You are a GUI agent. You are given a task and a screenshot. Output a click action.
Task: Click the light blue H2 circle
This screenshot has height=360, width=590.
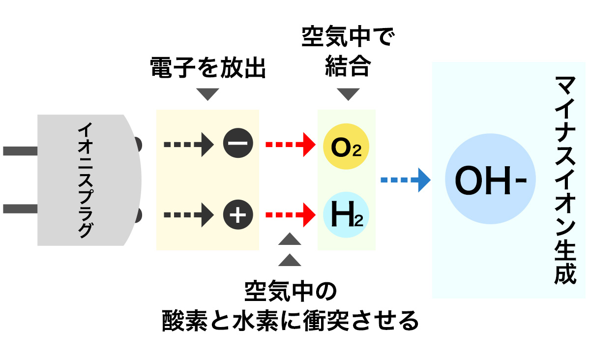346,215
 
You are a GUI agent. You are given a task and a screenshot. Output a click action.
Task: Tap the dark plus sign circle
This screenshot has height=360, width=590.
238,215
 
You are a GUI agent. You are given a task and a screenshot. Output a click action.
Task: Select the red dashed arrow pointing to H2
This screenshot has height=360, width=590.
290,215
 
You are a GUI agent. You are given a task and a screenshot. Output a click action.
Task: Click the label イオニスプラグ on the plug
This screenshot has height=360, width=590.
85,180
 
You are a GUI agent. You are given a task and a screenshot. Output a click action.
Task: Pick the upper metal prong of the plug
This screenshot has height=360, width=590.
20,150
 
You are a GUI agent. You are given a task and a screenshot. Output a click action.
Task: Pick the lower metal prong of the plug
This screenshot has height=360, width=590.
20,209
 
